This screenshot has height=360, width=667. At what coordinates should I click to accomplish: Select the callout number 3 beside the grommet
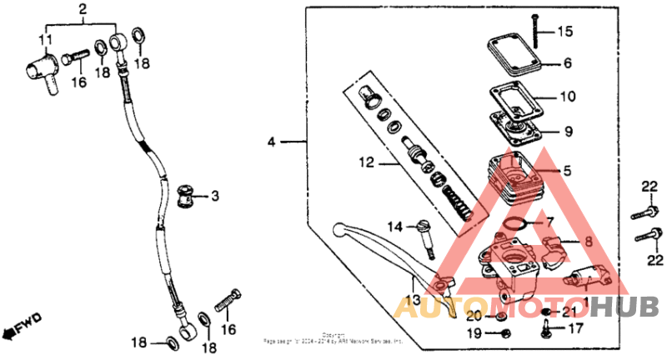tap(214, 197)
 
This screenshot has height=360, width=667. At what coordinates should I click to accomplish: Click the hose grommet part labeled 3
tap(183, 198)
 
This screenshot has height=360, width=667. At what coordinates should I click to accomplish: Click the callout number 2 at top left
tap(82, 10)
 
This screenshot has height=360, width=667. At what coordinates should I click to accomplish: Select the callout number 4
tap(271, 142)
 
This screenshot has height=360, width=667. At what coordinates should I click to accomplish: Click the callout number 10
tap(567, 97)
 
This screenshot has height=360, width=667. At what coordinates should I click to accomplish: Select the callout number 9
tap(567, 131)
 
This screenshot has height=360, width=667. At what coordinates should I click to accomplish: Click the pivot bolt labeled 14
tap(429, 237)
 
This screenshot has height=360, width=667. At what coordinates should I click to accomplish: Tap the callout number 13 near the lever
tap(413, 300)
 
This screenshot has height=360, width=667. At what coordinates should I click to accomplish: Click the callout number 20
tap(474, 316)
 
